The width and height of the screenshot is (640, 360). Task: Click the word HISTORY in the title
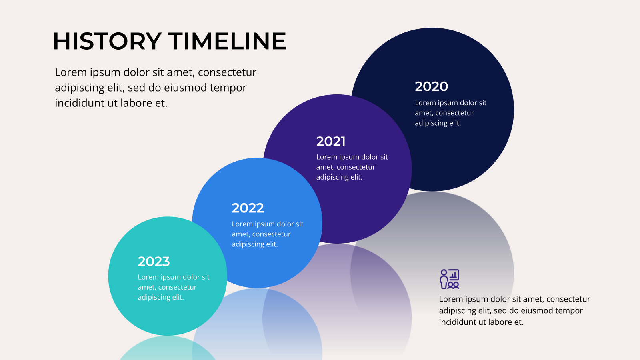tap(107, 41)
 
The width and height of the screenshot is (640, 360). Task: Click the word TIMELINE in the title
tap(228, 41)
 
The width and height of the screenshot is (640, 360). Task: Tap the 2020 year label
tap(432, 86)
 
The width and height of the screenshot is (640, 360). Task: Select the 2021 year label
tap(331, 142)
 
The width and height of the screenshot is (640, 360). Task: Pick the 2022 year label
tap(248, 208)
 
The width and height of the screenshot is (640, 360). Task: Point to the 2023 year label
tap(154, 262)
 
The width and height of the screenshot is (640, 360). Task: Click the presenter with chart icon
tap(450, 279)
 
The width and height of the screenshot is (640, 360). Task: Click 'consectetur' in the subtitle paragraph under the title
tap(227, 72)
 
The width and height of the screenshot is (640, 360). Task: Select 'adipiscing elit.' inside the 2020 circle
tap(438, 123)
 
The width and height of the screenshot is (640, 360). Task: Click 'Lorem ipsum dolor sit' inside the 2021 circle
tap(352, 157)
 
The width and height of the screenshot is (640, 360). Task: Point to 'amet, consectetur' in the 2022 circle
tap(261, 234)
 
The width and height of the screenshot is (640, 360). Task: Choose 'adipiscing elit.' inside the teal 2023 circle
tap(160, 298)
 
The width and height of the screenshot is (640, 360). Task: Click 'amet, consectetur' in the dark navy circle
tap(444, 113)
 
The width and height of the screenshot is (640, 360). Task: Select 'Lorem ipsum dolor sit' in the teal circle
tap(174, 277)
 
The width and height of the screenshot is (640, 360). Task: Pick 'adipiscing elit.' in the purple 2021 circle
tap(339, 178)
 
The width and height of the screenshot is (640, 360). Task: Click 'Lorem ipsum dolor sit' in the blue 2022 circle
tap(268, 224)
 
